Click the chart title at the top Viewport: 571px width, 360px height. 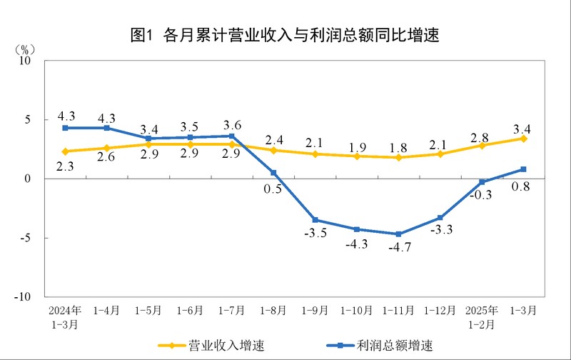[285, 34]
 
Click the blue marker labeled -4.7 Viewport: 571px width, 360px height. [398, 234]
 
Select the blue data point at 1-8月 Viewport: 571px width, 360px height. [273, 173]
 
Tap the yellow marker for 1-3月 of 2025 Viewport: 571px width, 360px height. [523, 139]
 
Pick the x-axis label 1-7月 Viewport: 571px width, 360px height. [232, 311]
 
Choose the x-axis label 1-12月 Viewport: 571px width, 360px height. [440, 311]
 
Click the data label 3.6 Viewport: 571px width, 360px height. [232, 125]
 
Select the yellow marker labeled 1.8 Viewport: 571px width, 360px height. [398, 157]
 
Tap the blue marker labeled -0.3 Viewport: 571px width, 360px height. [482, 182]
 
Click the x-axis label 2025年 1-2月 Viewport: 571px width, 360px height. [482, 316]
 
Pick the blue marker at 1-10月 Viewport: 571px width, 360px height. [357, 229]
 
